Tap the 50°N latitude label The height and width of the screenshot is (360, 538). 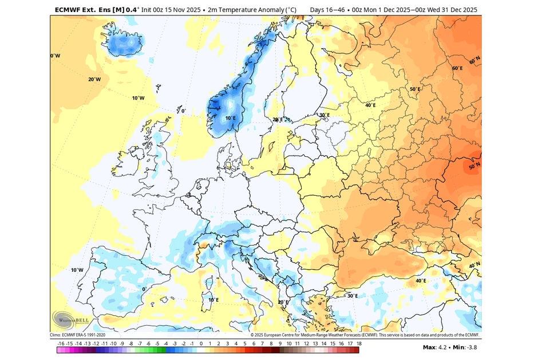coord(474,167)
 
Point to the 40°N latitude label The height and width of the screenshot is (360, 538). coord(474,266)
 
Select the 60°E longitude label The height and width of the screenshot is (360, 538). coord(457,68)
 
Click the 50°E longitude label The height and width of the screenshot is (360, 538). coord(414,89)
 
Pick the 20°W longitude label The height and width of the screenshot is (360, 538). coord(94,80)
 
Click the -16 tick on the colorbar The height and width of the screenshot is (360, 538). coord(61,343)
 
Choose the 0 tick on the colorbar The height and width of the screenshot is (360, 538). coord(201,343)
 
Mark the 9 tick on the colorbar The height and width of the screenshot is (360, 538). coord(279,343)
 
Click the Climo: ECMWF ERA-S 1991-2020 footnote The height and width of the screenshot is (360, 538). coord(77,335)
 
